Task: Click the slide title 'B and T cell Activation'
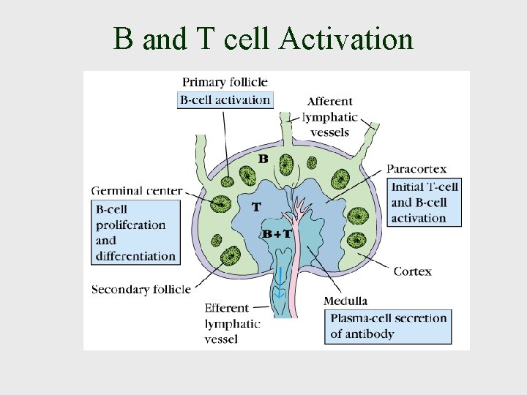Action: coord(263,38)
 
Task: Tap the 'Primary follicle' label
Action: coord(225,82)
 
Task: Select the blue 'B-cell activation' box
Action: coord(225,99)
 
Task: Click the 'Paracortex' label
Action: coord(416,170)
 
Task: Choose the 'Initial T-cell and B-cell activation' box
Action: coord(425,202)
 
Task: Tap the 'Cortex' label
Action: coord(412,271)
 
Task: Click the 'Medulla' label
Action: coord(345,301)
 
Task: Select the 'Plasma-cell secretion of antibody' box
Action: coord(388,326)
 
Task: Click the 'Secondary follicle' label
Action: coord(141,290)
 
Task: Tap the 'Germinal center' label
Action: coord(137,191)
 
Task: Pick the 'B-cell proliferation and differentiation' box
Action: coord(136,233)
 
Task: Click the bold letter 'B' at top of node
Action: coord(263,159)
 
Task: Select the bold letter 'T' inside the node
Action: coord(255,207)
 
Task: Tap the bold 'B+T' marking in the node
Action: coord(277,234)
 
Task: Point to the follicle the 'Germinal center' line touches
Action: coord(220,203)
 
